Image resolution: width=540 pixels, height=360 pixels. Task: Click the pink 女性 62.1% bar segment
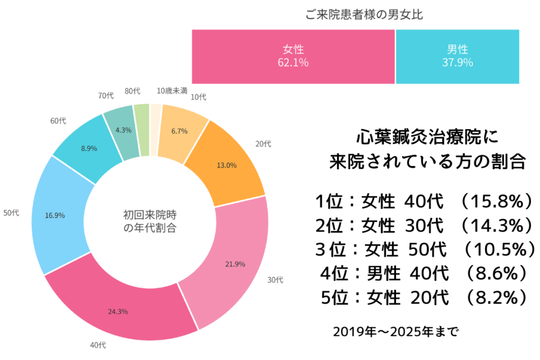[x=293, y=56]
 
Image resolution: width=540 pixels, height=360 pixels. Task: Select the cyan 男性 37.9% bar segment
[x=457, y=56]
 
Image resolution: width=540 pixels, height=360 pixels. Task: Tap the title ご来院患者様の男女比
[x=364, y=15]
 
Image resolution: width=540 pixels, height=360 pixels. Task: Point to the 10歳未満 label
[x=172, y=91]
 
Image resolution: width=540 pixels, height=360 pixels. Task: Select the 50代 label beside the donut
[x=11, y=212]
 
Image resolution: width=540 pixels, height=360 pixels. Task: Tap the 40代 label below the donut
[x=98, y=346]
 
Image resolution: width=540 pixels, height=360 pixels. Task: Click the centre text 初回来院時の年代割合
[x=150, y=222]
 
